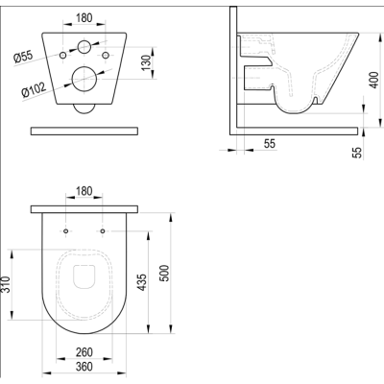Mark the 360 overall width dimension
tap(84, 369)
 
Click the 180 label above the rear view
tap(84, 16)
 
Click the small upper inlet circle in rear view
tap(84, 47)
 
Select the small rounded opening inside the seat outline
tap(84, 276)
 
